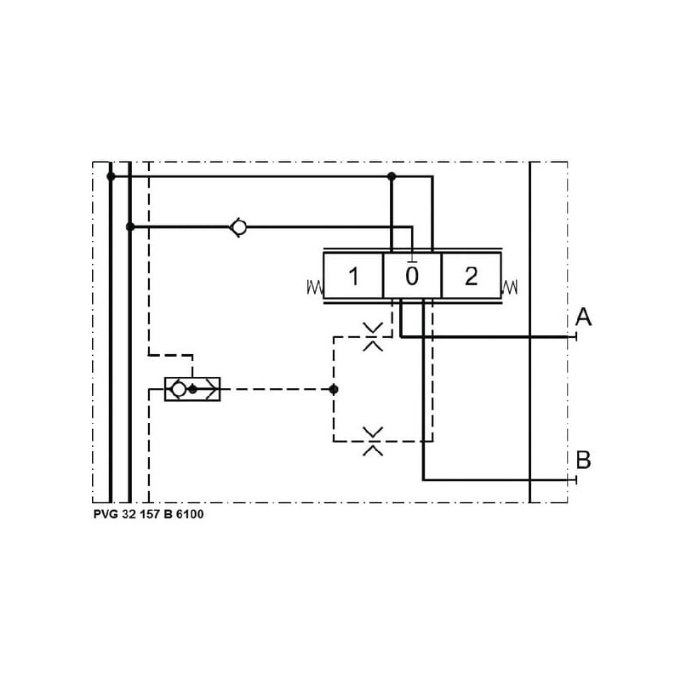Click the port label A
pyautogui.click(x=583, y=317)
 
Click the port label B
pyautogui.click(x=583, y=460)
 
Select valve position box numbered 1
pyautogui.click(x=353, y=276)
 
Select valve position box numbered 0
pyautogui.click(x=412, y=276)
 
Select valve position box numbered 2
pyautogui.click(x=472, y=276)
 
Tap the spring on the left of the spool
pyautogui.click(x=315, y=287)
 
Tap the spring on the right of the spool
pyautogui.click(x=509, y=287)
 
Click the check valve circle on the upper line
pyautogui.click(x=239, y=227)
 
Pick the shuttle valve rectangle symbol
pyautogui.click(x=192, y=389)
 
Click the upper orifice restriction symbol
pyautogui.click(x=373, y=336)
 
